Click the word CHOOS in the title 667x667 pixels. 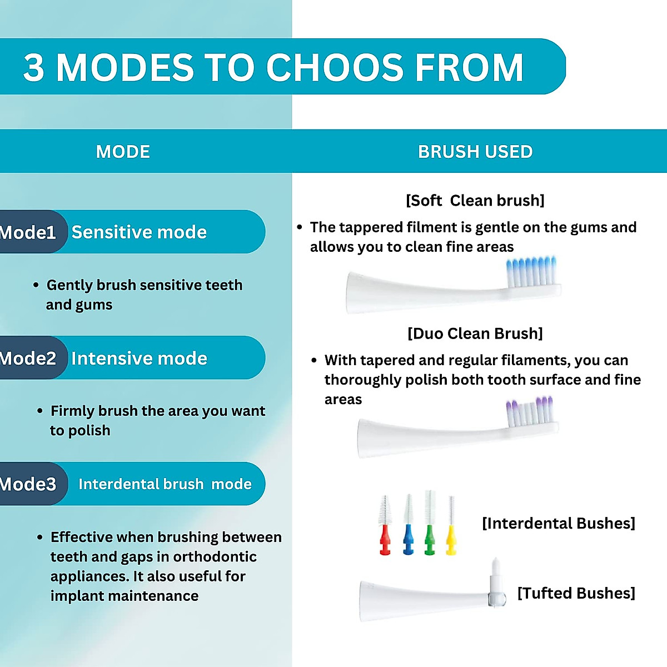(x=335, y=68)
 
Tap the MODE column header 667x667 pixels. (x=123, y=152)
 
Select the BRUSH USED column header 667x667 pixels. (x=475, y=152)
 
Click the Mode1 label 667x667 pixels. (x=28, y=232)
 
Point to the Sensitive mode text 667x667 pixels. (x=139, y=232)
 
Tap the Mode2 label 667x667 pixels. (x=28, y=359)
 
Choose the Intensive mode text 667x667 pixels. (x=139, y=359)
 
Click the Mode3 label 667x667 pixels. (x=28, y=484)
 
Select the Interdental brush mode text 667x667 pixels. (x=165, y=484)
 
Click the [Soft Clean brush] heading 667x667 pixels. (x=475, y=201)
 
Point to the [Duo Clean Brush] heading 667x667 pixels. (x=475, y=333)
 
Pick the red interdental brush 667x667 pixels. (x=385, y=525)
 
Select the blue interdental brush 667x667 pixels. (x=409, y=525)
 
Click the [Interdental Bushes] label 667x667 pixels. (x=558, y=524)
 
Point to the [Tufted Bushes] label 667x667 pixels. (x=576, y=594)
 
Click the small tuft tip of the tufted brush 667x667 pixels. (x=496, y=570)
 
